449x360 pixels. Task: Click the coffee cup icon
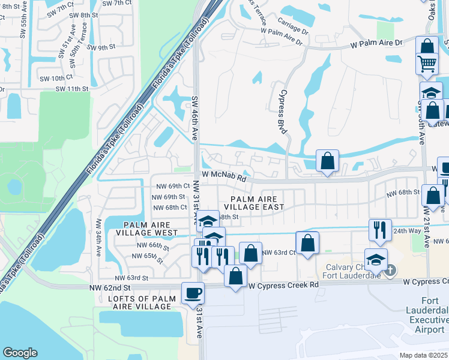tap(193, 293)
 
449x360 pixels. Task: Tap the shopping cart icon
tap(426, 63)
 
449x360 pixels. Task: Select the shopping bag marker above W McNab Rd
tap(327, 161)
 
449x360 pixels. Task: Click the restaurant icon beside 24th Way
tap(379, 230)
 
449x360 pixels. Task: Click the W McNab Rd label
tap(224, 178)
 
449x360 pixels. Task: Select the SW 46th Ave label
tap(194, 118)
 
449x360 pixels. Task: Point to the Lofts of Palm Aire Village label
tap(143, 302)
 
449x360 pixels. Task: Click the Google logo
tap(20, 353)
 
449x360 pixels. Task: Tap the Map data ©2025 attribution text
tap(423, 355)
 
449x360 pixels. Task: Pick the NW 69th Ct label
tap(170, 187)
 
